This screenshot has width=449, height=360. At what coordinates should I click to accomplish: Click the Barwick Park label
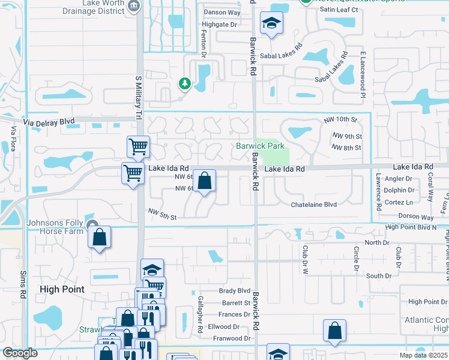pyautogui.click(x=259, y=146)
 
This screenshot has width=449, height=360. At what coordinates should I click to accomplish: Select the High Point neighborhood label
pyautogui.click(x=62, y=289)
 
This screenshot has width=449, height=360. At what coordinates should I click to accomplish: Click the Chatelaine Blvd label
pyautogui.click(x=313, y=205)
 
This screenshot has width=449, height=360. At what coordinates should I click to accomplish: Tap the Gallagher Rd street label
pyautogui.click(x=200, y=314)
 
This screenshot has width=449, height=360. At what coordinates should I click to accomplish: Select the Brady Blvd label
pyautogui.click(x=234, y=290)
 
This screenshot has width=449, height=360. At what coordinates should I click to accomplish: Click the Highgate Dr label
pyautogui.click(x=220, y=25)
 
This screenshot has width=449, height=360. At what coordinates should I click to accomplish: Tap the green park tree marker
pyautogui.click(x=185, y=83)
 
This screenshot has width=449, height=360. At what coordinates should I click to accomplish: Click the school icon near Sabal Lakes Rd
pyautogui.click(x=271, y=24)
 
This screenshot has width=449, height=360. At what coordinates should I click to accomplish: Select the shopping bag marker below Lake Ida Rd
pyautogui.click(x=204, y=181)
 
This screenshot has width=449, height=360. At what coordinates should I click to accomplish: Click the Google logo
pyautogui.click(x=20, y=353)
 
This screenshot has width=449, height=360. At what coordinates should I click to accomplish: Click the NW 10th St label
pyautogui.click(x=340, y=121)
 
